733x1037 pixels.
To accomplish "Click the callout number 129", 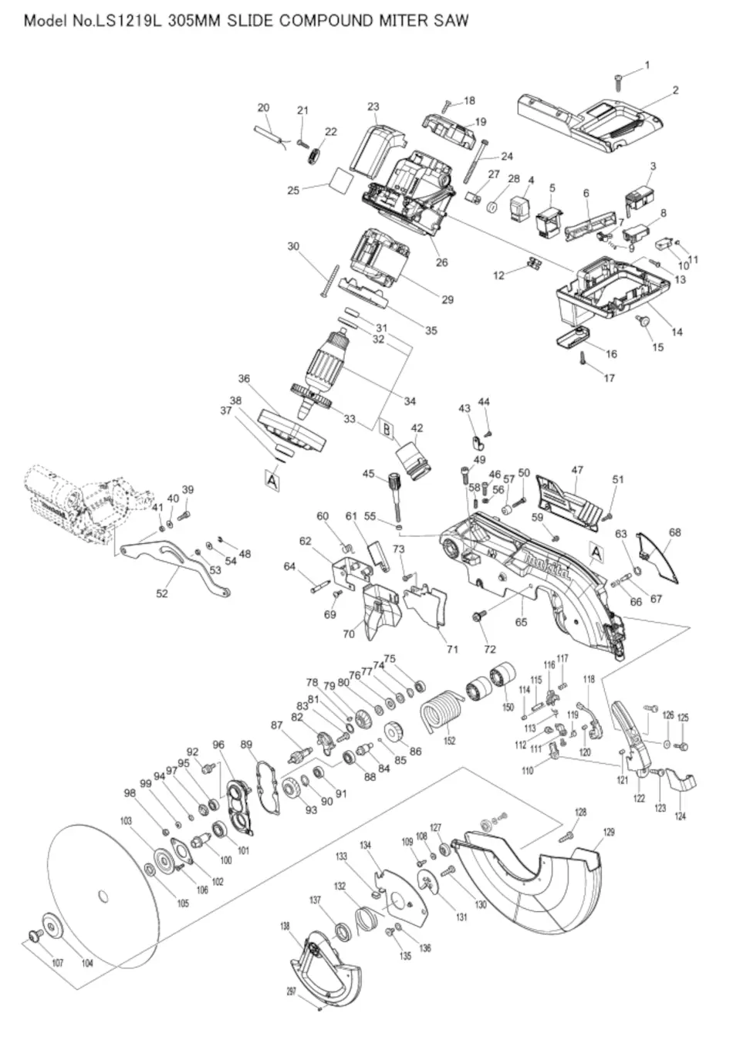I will coord(609,832).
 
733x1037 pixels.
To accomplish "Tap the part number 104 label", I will coord(86,964).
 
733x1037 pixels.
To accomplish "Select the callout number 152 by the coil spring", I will coord(449,741).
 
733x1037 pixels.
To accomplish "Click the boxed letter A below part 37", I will coord(272,479).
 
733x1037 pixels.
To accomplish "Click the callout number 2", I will coord(675,90).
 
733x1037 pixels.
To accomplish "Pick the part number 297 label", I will coord(292,991).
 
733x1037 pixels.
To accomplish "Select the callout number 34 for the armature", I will coord(410,401).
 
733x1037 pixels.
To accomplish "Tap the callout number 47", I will coord(576,469).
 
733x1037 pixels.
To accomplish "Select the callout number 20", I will coord(263,107).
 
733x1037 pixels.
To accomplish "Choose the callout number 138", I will coord(284,926).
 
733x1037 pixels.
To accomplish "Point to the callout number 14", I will coord(677,332).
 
